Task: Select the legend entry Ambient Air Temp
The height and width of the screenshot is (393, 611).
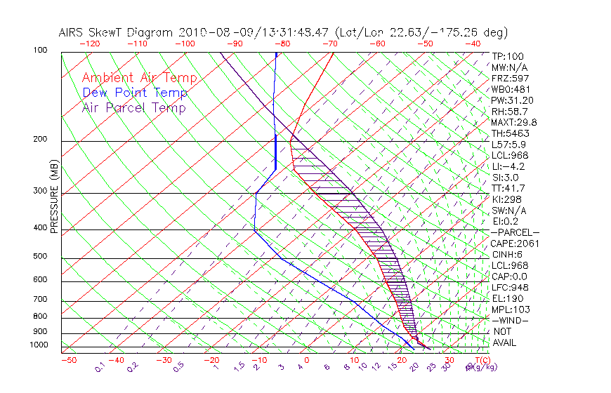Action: (x=139, y=78)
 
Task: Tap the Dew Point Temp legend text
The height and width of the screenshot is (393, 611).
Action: (x=134, y=93)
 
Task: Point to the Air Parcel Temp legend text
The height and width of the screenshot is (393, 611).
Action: (x=133, y=107)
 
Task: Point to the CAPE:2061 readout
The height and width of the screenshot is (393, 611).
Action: (x=511, y=243)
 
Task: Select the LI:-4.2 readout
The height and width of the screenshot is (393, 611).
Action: (x=508, y=166)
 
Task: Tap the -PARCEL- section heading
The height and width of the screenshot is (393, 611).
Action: (x=515, y=232)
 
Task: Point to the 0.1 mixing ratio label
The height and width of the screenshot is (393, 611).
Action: (x=100, y=367)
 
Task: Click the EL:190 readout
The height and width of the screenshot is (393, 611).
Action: (x=506, y=298)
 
